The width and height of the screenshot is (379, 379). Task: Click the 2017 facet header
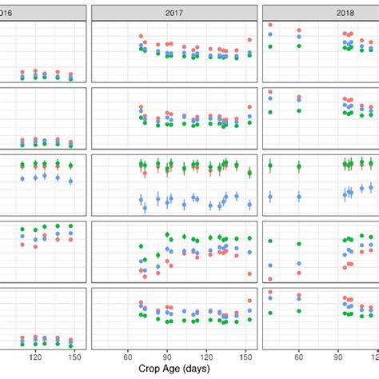coord(174,13)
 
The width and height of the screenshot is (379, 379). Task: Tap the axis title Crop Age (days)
coord(174,370)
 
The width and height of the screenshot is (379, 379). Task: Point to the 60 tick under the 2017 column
coord(128,357)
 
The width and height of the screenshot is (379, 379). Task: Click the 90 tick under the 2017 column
coord(167,357)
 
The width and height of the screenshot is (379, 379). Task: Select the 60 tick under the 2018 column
coord(299,357)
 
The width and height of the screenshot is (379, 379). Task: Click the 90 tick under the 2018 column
coord(338,357)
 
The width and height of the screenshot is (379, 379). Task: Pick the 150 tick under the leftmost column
coord(74,357)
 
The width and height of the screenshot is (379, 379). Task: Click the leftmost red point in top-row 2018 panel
coord(271,26)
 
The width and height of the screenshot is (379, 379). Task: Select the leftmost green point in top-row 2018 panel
coord(271,45)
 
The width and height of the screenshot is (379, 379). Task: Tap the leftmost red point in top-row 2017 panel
coord(141,37)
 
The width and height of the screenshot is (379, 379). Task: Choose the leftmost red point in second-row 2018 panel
coord(271,92)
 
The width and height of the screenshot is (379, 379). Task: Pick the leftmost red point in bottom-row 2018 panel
coord(271,292)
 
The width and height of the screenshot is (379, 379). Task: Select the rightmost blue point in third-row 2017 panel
coord(249,205)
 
